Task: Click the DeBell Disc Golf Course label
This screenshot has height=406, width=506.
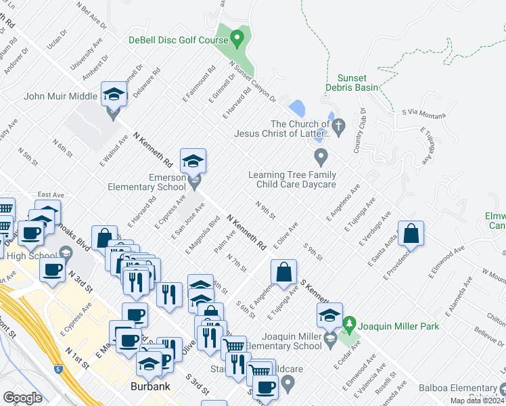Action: (x=178, y=39)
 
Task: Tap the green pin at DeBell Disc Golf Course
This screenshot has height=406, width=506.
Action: (x=237, y=37)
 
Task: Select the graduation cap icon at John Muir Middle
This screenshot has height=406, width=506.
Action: (x=114, y=95)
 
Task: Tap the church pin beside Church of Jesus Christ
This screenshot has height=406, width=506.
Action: (x=340, y=125)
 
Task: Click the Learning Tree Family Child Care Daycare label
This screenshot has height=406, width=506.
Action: (x=292, y=179)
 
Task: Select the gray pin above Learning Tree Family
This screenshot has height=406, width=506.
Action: (x=321, y=158)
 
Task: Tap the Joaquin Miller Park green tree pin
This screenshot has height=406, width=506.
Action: (x=349, y=325)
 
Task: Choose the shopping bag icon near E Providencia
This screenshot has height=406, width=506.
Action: (x=411, y=234)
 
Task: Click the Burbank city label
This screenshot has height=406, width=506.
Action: (x=149, y=388)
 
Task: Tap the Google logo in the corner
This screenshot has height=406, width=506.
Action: (x=22, y=397)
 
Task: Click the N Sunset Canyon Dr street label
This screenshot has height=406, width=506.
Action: (x=253, y=83)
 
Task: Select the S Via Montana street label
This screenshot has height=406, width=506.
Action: (x=423, y=114)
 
